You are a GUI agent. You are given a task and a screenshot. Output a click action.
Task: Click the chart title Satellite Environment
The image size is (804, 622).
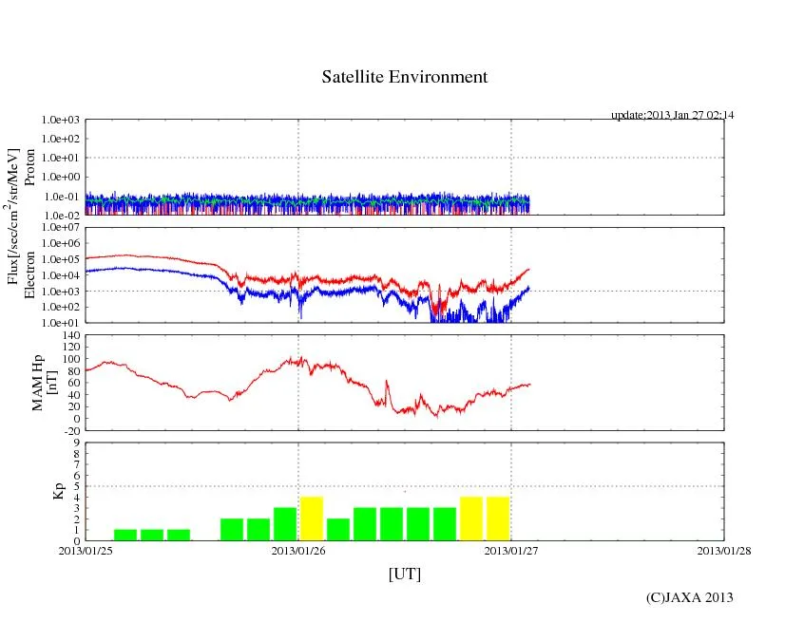[404, 77]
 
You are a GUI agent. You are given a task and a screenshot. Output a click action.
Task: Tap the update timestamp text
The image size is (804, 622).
[672, 115]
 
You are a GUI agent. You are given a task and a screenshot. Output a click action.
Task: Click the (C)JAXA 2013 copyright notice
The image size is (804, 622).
[689, 597]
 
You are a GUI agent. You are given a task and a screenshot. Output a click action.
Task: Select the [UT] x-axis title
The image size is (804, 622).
[404, 574]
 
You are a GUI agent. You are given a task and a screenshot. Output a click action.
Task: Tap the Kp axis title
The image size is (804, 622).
[58, 492]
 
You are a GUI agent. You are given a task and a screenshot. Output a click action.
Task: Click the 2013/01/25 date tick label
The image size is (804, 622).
[85, 550]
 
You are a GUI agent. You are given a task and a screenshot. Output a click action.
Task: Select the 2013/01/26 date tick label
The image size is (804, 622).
[298, 550]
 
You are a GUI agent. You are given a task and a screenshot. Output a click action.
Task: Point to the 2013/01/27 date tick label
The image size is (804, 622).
[511, 550]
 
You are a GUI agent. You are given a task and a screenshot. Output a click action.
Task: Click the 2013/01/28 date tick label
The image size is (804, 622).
[724, 550]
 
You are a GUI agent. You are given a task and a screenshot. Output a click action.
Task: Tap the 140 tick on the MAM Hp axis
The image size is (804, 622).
[68, 335]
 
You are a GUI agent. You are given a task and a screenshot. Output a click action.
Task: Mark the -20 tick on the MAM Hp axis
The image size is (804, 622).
[68, 430]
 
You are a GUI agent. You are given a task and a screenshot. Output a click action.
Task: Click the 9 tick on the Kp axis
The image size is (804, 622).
[75, 443]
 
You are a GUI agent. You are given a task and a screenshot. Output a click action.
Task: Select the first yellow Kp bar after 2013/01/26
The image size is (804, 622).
[312, 518]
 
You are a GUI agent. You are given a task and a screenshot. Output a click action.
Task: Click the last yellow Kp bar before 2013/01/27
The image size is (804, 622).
[498, 518]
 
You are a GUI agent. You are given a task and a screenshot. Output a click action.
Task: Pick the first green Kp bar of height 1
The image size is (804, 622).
[125, 535]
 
